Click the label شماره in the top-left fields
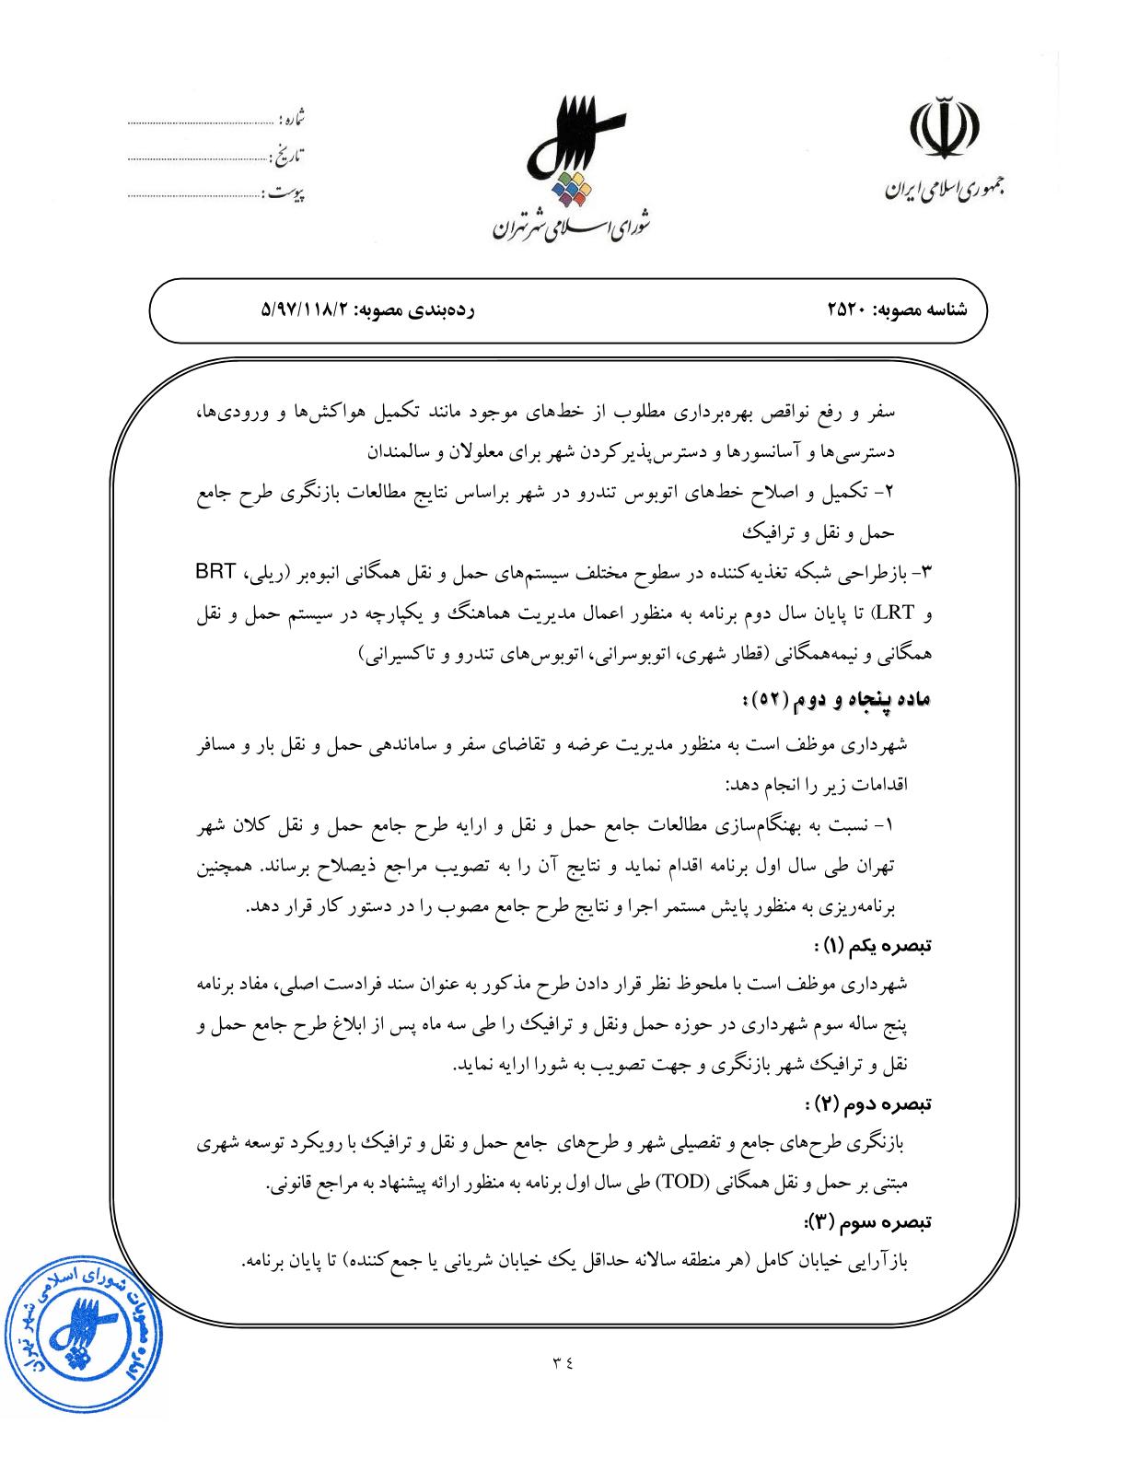click(291, 120)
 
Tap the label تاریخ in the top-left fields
click(289, 155)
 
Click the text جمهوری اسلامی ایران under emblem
click(945, 190)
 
